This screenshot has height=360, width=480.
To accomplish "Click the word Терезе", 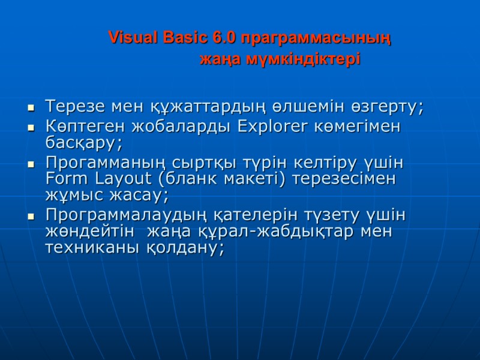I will pos(76,107).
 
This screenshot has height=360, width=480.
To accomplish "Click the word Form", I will pos(65,178).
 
